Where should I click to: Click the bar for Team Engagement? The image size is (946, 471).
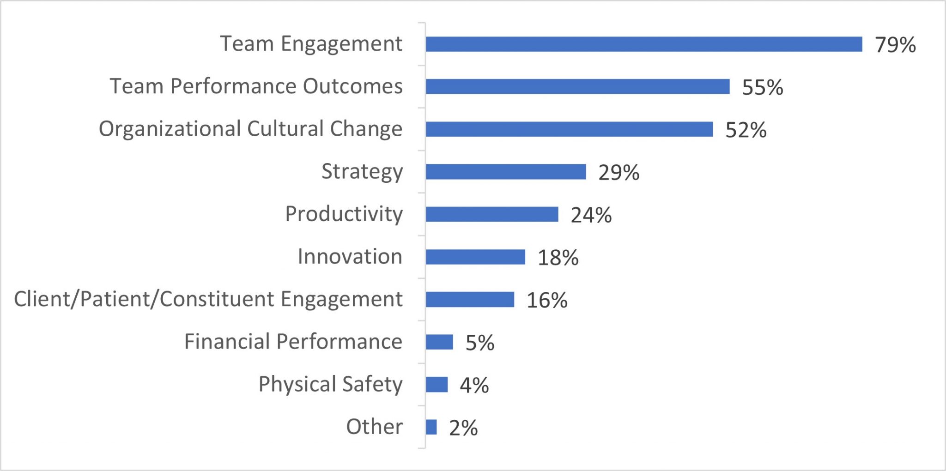643,44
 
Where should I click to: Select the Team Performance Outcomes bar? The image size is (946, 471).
577,87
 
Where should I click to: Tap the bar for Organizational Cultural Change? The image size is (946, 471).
569,129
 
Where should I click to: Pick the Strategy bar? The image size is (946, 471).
506,172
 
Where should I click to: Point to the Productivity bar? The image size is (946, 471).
492,214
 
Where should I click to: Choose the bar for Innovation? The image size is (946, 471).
475,257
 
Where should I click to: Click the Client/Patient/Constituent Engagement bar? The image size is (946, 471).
470,300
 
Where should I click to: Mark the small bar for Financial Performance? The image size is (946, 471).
439,342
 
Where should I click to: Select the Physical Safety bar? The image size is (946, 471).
437,385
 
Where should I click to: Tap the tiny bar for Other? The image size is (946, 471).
431,427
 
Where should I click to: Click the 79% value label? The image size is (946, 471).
895,45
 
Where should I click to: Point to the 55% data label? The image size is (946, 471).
762,88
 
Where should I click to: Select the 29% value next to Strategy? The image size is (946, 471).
619,173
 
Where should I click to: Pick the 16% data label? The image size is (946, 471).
547,301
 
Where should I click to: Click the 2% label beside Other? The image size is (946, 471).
463,428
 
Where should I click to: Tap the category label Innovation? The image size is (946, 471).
350,257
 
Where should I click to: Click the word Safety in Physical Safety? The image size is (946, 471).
372,384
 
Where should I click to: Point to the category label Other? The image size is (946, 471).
374,427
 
